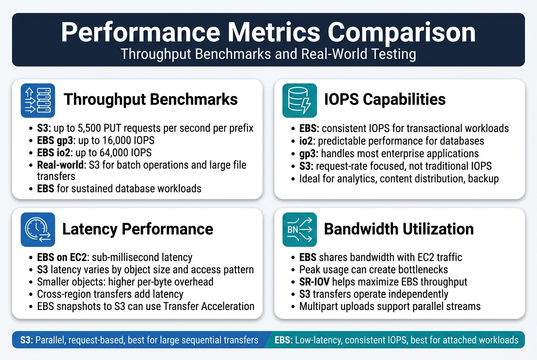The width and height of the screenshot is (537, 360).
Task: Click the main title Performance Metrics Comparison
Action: pos(268,33)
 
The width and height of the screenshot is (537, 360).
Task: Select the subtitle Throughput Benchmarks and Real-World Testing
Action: pos(268,54)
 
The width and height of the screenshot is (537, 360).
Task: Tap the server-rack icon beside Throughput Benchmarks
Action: pos(38,100)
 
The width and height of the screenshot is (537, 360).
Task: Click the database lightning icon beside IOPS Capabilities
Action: pos(300,100)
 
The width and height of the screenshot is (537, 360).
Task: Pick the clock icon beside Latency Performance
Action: pos(38,229)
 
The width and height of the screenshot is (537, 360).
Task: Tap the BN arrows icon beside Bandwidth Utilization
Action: pos(300,229)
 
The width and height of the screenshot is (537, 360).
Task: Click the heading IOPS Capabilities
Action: pos(384,99)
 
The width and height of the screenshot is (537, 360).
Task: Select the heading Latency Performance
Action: pos(138,229)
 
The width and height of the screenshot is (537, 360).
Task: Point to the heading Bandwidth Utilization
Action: pos(399,229)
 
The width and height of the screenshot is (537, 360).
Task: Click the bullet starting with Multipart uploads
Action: pos(390,306)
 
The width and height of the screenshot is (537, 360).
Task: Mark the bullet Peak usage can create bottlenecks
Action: pos(373,270)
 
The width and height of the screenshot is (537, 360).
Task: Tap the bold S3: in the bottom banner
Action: pos(27,340)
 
